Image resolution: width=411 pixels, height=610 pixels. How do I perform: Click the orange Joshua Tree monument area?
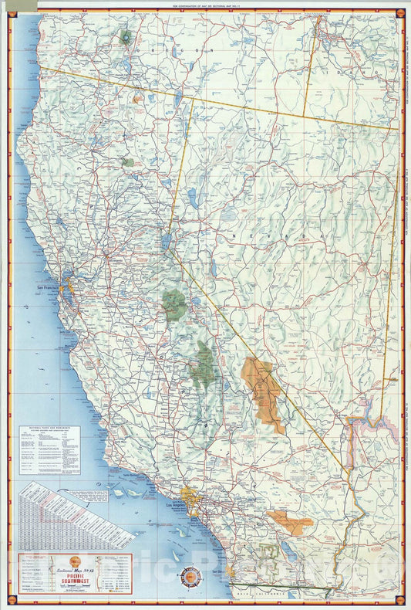coord(289,523)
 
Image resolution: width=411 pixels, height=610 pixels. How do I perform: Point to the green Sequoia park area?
coord(204,363)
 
